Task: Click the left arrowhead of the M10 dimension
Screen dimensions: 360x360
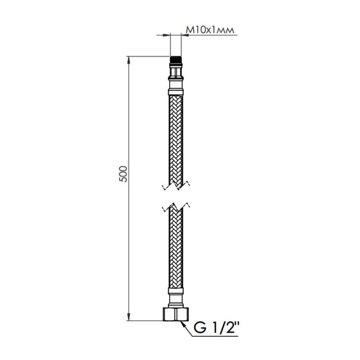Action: pos(169,34)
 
